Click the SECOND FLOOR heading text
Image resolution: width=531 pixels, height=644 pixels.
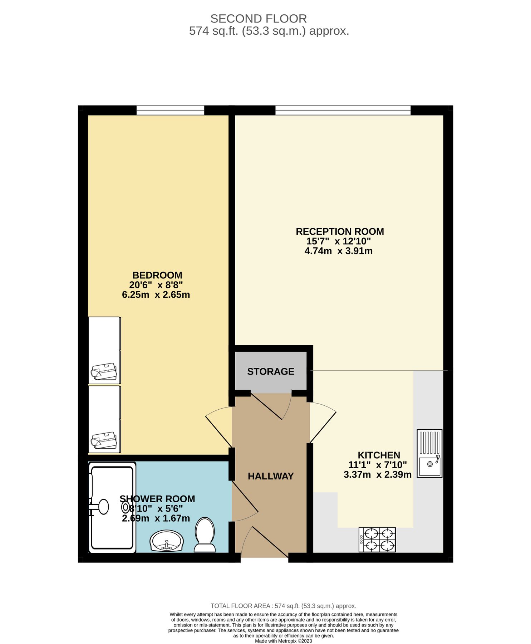coord(258,19)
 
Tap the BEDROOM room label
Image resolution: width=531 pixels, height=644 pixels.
coord(157,275)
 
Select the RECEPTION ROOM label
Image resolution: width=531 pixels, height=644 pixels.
coord(339,231)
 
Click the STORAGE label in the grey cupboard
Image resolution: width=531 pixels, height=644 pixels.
coord(270,371)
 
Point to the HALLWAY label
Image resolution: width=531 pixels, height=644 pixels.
coord(270,476)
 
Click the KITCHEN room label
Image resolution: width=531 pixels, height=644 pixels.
coord(379,455)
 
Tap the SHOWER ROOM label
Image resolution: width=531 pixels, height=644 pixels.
coord(157,499)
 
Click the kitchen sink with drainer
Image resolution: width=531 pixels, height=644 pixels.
coord(429,453)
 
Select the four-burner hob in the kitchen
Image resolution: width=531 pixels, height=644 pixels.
coord(377,540)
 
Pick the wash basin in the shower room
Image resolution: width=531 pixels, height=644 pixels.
coord(166,541)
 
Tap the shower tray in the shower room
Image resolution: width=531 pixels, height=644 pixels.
coord(112,507)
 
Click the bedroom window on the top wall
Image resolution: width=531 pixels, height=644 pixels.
coord(170,110)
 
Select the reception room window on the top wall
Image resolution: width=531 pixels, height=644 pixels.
coord(343,110)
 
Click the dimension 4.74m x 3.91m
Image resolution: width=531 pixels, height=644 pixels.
coord(338,251)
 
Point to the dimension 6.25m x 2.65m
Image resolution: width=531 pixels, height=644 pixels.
coord(156,295)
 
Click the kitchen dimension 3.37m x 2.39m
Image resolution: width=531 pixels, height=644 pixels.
coord(377,475)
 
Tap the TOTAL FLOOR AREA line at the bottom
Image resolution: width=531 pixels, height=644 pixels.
coord(283,606)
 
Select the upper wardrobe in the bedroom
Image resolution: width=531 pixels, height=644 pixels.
coord(104,350)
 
